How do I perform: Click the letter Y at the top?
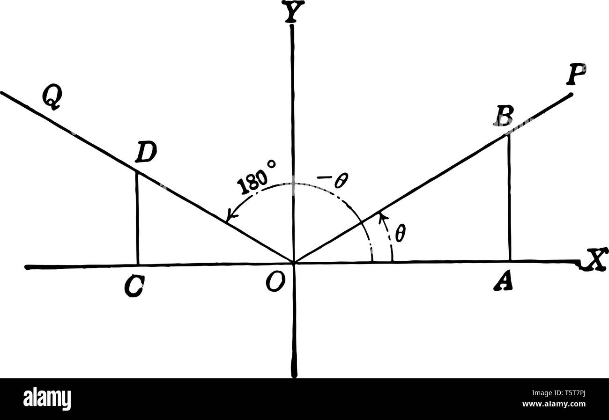point(292,13)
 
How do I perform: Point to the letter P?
point(575,74)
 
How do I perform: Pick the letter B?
point(504,115)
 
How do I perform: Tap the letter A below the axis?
point(503,281)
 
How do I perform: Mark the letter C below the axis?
point(134,286)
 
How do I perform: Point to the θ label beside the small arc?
point(400,233)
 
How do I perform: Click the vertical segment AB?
point(509,197)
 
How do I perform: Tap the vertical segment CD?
point(137,218)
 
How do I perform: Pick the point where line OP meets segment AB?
point(509,134)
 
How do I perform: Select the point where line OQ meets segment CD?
point(136,171)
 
